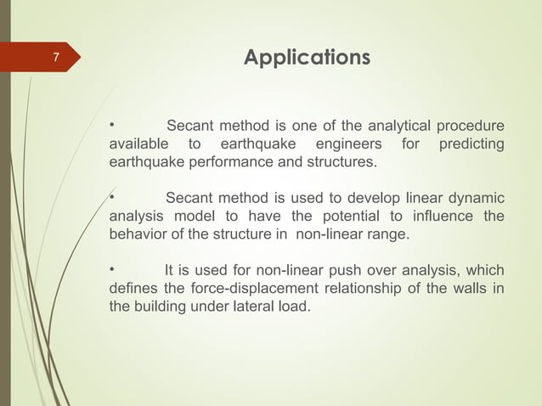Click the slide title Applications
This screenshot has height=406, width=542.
coord(307,58)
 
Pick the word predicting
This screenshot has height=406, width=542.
coord(471,144)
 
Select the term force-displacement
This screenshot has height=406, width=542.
coord(240,288)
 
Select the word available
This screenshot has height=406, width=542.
coord(138,144)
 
